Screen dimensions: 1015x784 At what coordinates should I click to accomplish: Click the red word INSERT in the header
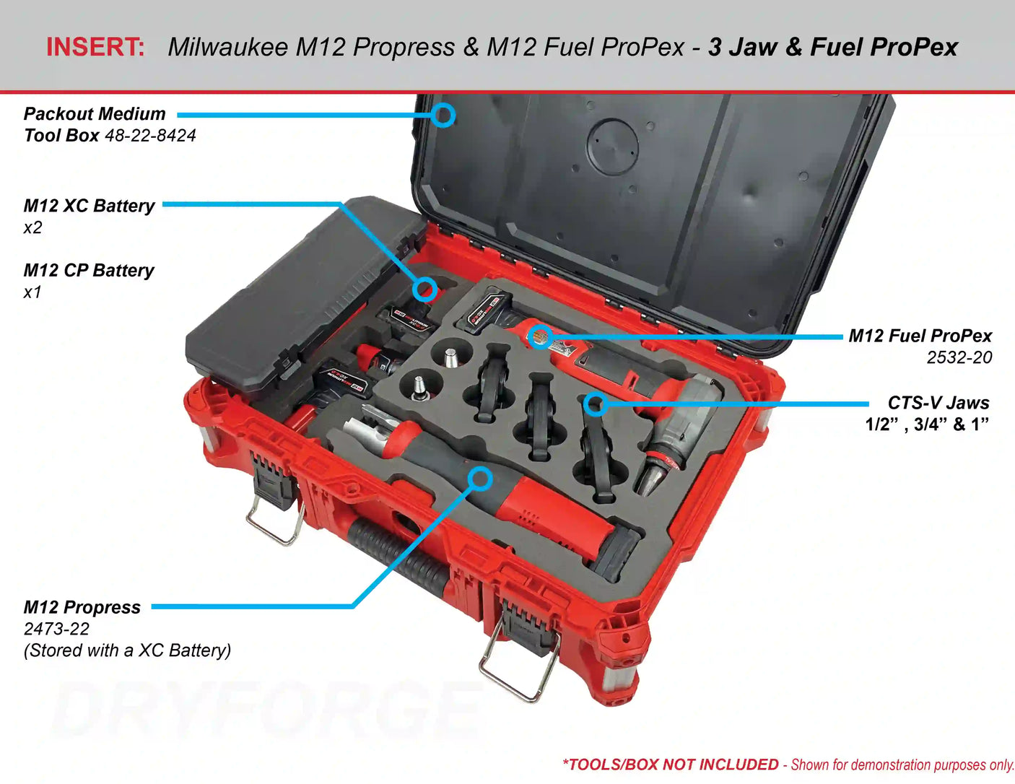95,47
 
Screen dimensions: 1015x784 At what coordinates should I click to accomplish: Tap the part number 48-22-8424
150,136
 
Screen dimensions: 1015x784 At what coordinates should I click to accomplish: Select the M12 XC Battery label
89,206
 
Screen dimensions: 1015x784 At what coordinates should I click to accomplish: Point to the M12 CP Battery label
89,271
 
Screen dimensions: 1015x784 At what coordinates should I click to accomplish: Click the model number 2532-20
959,357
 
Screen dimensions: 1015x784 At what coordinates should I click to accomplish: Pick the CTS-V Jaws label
938,403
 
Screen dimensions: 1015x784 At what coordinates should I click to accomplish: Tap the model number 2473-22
56,629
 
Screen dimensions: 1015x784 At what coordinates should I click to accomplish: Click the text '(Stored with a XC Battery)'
127,651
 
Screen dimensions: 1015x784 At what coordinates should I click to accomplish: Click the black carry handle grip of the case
397,554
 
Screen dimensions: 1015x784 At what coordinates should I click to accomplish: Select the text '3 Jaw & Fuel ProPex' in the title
833,47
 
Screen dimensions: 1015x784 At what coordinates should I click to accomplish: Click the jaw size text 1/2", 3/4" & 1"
927,424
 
